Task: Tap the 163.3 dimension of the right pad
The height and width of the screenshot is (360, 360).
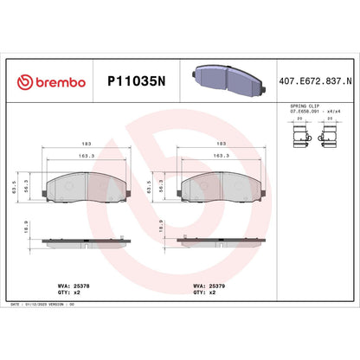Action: coord(221,157)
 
